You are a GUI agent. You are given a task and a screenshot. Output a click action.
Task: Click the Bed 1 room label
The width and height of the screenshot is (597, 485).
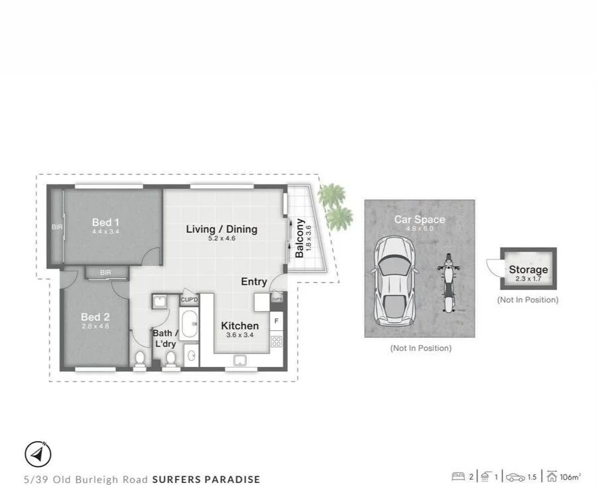[x=106, y=222]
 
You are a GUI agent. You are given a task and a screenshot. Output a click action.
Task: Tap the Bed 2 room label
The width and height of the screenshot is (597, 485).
[x=95, y=316]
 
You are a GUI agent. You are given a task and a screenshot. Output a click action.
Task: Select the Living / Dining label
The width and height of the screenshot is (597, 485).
[x=221, y=230]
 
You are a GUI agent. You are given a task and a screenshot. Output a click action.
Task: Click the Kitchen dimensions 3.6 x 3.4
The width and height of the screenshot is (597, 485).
[x=239, y=335]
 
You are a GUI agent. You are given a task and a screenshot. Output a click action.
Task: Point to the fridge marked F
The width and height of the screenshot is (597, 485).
[x=277, y=321]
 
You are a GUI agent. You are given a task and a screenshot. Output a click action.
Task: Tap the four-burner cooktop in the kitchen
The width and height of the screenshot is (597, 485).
[x=277, y=342]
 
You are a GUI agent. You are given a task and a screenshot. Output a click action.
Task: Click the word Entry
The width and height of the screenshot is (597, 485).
[x=253, y=282]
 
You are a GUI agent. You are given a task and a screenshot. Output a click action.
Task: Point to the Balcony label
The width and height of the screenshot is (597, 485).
[x=299, y=238]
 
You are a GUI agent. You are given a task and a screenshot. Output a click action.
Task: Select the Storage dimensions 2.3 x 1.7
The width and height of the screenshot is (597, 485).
[x=529, y=279]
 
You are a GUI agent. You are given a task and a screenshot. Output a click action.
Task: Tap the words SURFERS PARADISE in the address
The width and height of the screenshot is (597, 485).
[x=206, y=479]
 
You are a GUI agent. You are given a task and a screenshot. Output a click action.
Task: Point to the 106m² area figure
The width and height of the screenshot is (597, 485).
[x=570, y=476]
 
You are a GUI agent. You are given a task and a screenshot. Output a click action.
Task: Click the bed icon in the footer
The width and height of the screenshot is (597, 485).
[x=458, y=476]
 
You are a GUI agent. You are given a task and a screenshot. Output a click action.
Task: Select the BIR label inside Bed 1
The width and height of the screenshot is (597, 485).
[x=56, y=227]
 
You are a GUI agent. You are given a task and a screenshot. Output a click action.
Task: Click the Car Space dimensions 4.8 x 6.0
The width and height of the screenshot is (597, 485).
[x=419, y=228]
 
